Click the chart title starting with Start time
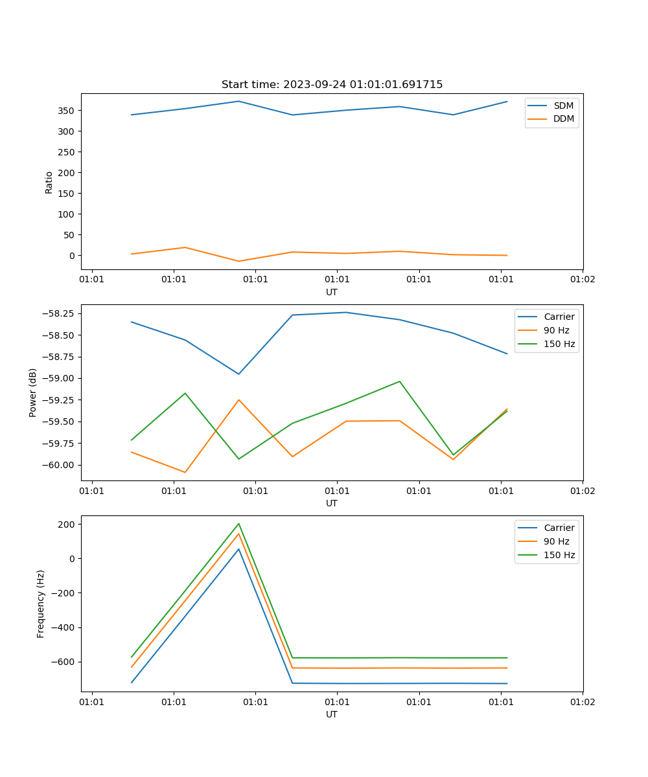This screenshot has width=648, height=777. (x=332, y=85)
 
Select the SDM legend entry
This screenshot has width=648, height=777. (x=563, y=106)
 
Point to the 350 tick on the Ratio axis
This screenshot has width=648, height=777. (x=67, y=111)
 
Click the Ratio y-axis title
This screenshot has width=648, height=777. (x=49, y=182)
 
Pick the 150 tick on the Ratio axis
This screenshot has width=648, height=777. (x=67, y=194)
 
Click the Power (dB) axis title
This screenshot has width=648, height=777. (x=33, y=392)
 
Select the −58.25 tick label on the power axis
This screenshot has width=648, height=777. (x=54, y=313)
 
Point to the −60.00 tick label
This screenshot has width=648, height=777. (x=54, y=465)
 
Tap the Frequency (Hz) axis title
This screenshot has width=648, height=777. (x=41, y=603)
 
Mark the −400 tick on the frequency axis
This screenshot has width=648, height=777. (x=64, y=627)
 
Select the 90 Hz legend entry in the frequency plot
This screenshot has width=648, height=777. (x=556, y=541)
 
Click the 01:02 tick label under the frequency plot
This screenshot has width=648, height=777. (x=582, y=701)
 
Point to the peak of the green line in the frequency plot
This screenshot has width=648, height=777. (x=238, y=524)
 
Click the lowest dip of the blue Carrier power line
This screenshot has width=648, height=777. (x=238, y=374)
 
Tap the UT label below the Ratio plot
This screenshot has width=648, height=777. (x=332, y=292)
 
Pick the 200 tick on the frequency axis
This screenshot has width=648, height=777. (x=67, y=524)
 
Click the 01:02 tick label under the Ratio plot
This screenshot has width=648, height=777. (x=582, y=279)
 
